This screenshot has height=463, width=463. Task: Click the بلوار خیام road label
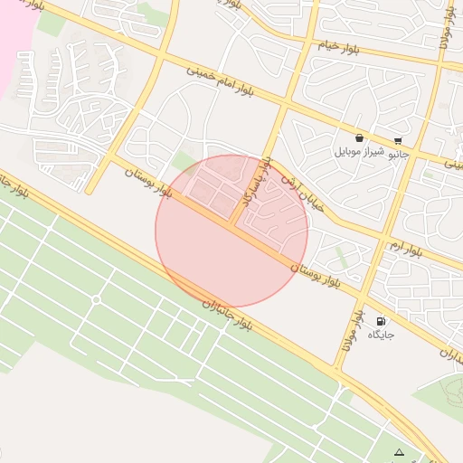click(340, 45)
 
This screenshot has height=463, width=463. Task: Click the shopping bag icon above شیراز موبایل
click(360, 138)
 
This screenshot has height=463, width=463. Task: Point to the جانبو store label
click(398, 154)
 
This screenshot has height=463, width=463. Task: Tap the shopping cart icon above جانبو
click(398, 140)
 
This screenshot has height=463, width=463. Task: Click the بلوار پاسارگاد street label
click(255, 179)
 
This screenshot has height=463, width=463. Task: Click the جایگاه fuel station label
click(380, 335)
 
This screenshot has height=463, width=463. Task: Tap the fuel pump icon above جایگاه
click(380, 320)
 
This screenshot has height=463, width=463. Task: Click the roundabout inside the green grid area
click(96, 299)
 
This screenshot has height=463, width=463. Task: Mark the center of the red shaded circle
click(231, 231)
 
